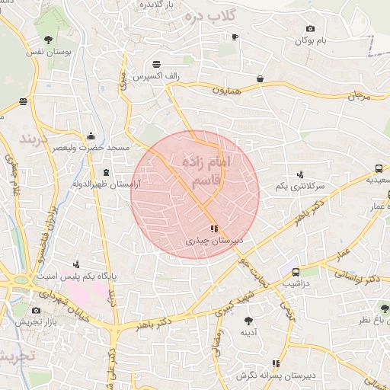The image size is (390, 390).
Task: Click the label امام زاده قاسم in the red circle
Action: (x=206, y=172)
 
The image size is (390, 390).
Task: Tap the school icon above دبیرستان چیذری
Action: (x=214, y=228)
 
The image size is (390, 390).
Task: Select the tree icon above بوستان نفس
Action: (x=48, y=38)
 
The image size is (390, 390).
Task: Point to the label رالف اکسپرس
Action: (x=156, y=77)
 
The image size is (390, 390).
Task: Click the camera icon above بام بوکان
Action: (x=309, y=28)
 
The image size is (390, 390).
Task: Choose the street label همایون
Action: (x=226, y=90)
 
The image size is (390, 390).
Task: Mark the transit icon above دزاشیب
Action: (x=296, y=272)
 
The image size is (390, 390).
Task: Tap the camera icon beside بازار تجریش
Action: (x=37, y=311)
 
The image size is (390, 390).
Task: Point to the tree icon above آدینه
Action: (x=248, y=321)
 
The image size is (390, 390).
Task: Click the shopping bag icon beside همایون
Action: (x=261, y=78)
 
